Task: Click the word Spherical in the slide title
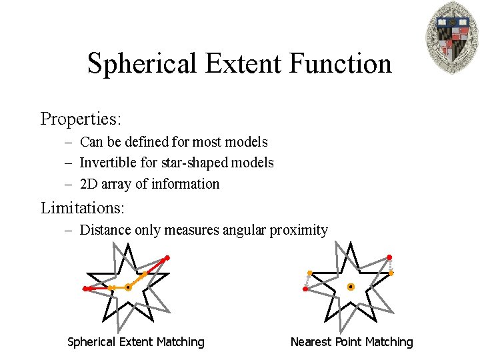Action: click(142, 64)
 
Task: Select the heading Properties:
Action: click(81, 119)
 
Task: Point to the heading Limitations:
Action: click(83, 207)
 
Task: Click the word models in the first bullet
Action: click(246, 142)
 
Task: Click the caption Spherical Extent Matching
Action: click(136, 342)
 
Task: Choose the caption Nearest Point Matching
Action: click(352, 342)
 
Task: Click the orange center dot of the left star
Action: click(127, 287)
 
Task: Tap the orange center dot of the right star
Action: click(351, 287)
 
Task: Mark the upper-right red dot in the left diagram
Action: click(167, 257)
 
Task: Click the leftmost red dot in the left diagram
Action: click(86, 289)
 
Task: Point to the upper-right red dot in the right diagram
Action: click(389, 257)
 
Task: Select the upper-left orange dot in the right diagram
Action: click(309, 273)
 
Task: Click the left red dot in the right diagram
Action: click(305, 289)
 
